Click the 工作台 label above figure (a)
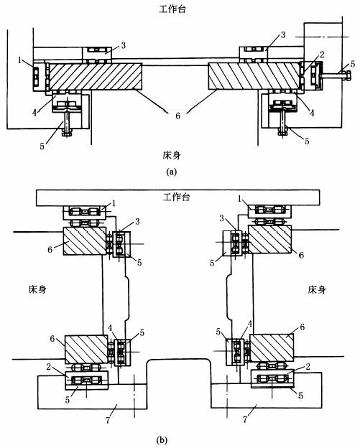[172, 9]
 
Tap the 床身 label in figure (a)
[172, 155]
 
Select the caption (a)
[172, 172]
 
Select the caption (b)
[162, 439]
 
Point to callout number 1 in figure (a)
[19, 60]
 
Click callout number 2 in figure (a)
[322, 55]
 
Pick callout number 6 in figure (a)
[178, 116]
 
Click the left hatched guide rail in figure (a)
[96, 76]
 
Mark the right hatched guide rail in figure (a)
[254, 76]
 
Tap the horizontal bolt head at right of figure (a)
[347, 75]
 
